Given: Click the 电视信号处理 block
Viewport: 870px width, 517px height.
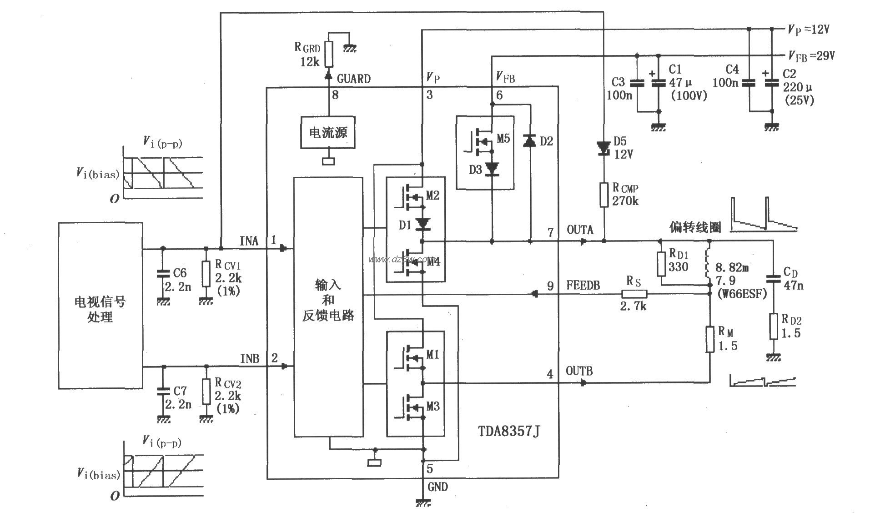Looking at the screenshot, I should (x=101, y=305).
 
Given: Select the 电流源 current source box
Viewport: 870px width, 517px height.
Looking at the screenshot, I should (x=328, y=132).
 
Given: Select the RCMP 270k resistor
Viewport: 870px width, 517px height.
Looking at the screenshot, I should (x=603, y=195).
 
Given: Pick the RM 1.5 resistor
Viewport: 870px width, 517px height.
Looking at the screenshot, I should (x=710, y=339).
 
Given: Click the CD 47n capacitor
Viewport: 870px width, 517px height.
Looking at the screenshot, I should (x=773, y=278).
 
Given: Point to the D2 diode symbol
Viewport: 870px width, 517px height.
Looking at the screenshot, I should (x=530, y=141).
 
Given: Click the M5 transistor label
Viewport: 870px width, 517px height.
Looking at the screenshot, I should (x=503, y=139).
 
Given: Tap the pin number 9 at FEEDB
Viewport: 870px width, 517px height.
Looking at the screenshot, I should (x=550, y=286).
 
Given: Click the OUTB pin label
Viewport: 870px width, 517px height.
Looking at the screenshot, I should (x=579, y=371).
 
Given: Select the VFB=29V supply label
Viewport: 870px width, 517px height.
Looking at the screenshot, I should (x=812, y=56).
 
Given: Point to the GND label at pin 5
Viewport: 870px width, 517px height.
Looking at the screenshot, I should (x=438, y=487).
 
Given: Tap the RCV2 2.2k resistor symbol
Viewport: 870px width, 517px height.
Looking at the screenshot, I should (x=206, y=391).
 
